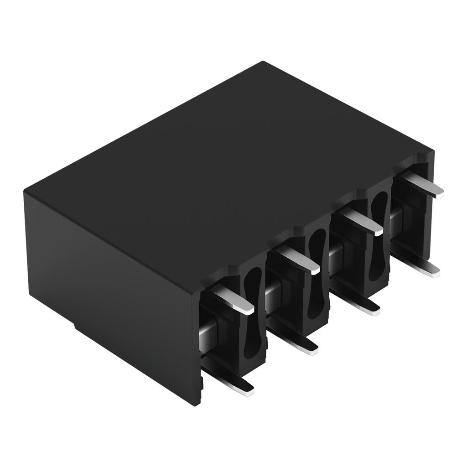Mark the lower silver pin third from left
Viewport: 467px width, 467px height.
(x=360, y=305)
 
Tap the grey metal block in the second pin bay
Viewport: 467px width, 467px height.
(x=272, y=292)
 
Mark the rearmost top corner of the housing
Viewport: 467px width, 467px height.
(x=264, y=62)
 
